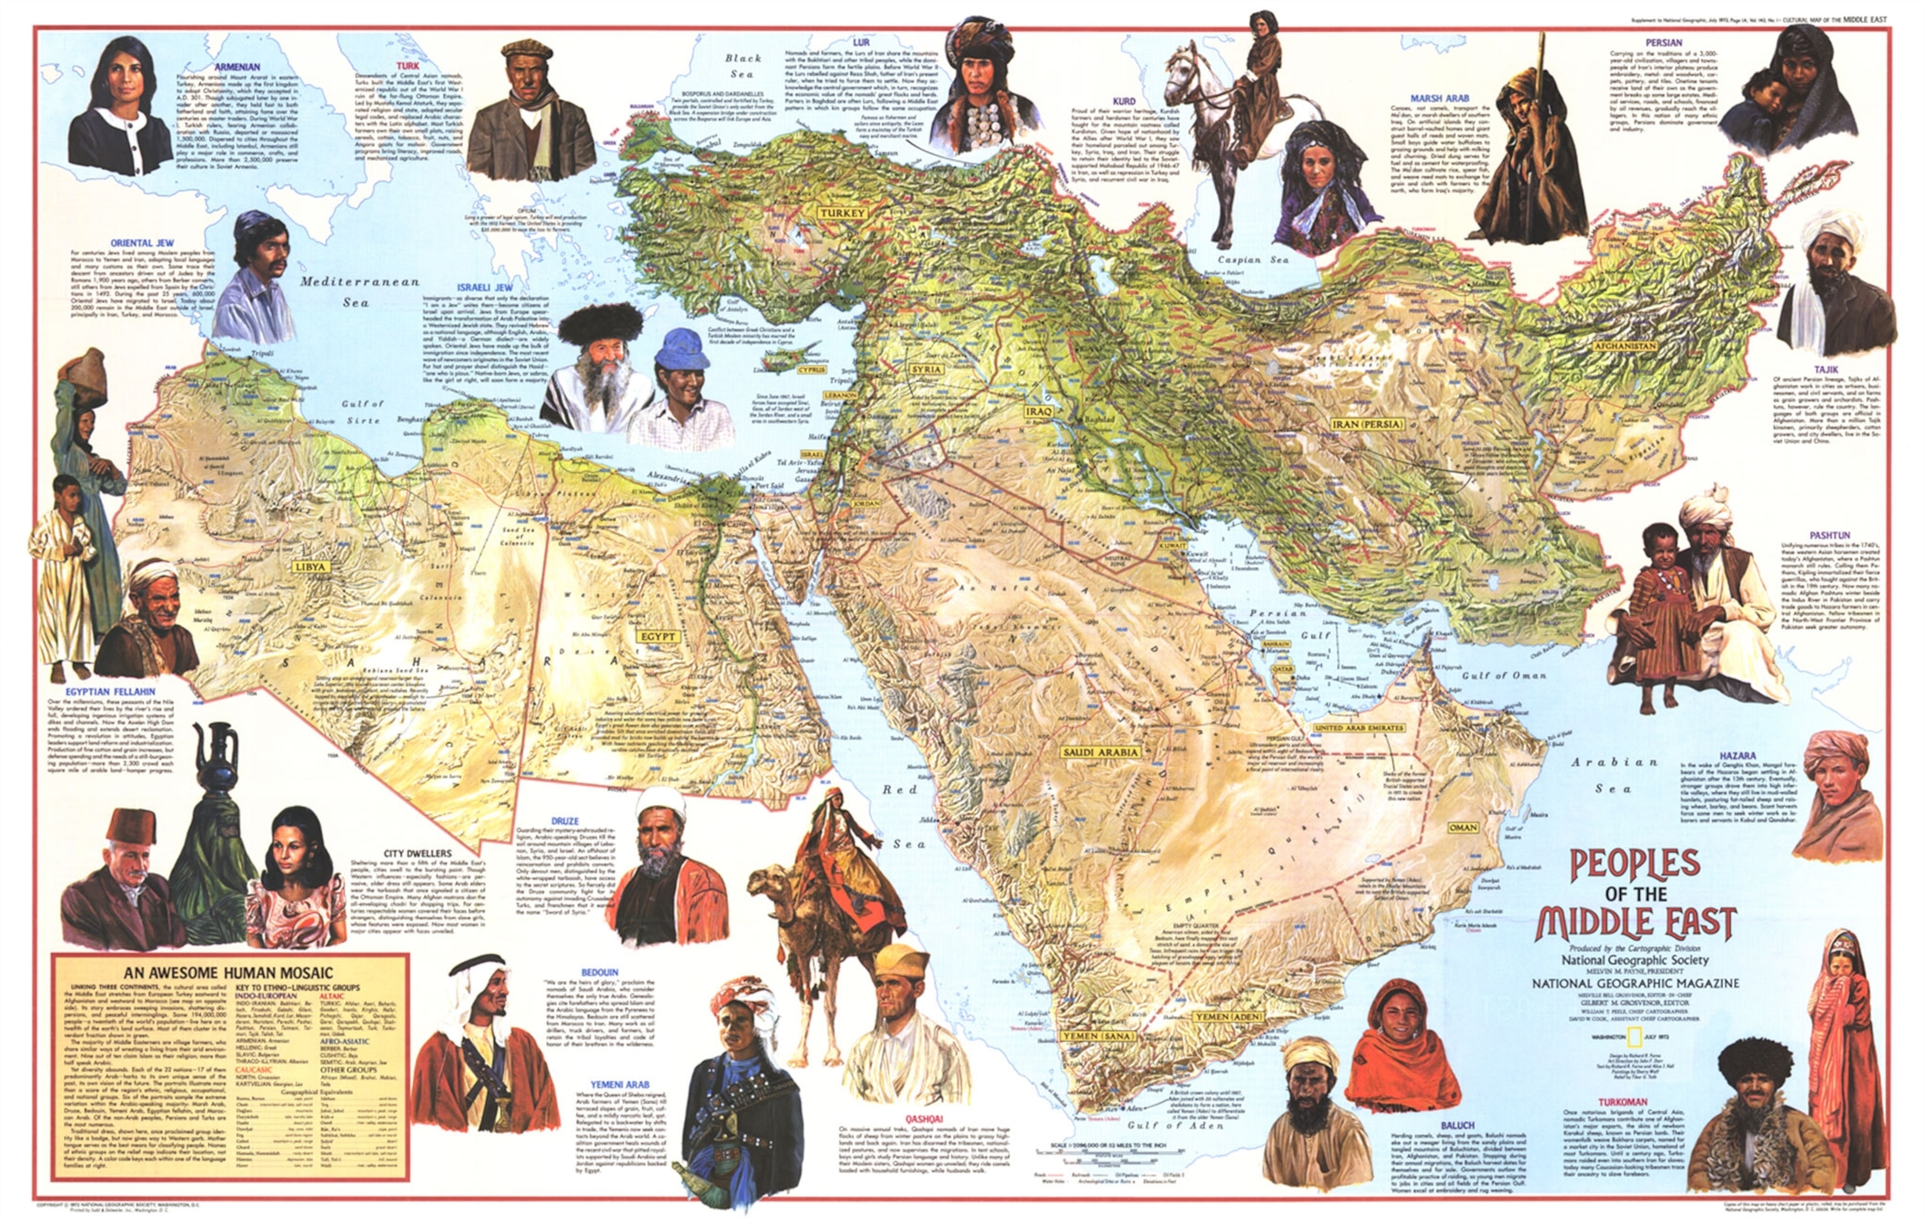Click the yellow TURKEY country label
tap(841, 214)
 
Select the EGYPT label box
tap(658, 637)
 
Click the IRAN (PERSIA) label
tap(1367, 424)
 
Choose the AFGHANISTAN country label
tap(1625, 346)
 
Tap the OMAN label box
tap(1462, 827)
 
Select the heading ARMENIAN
tap(238, 67)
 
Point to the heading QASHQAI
tap(923, 1119)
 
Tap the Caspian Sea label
tap(1253, 260)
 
